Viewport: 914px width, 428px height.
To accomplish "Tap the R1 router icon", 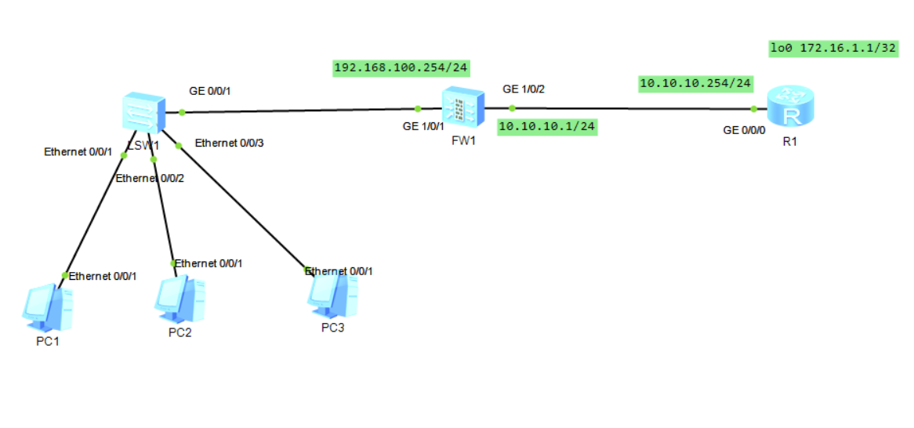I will pos(791,107).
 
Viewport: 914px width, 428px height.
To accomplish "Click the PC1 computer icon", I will pos(47,306).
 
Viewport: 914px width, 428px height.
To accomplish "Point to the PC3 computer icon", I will pos(334,293).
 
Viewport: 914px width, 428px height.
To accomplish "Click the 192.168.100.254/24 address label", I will pos(401,68).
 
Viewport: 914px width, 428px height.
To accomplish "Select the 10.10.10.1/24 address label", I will pos(546,126).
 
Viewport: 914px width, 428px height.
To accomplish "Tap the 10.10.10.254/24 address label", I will pos(696,82).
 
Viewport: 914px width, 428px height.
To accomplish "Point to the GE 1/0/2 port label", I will pos(524,89).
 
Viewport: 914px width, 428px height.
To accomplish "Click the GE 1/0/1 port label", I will pos(423,125).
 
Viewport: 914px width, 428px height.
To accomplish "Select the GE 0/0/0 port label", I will pos(744,130).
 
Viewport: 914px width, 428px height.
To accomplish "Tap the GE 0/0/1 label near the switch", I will pos(210,91).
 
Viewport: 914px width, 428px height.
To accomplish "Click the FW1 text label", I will pos(463,141).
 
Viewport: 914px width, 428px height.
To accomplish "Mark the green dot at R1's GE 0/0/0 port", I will pos(753,109).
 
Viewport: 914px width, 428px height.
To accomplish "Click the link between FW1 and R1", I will pos(627,108).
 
